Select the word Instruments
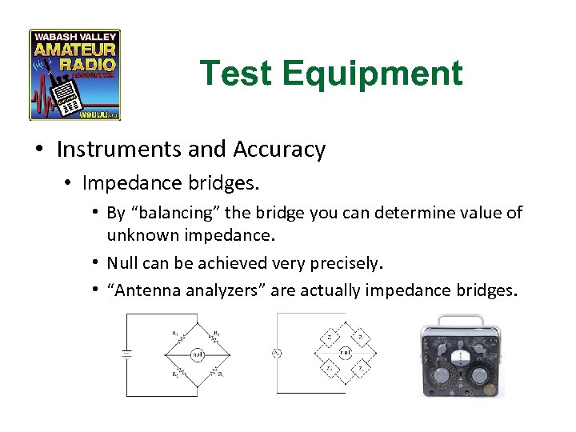119,150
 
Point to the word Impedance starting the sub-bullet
127,183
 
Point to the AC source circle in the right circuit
277,353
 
